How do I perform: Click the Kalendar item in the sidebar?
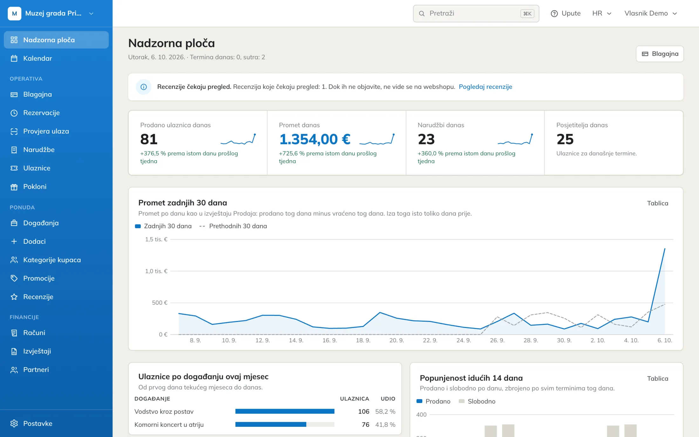pyautogui.click(x=37, y=58)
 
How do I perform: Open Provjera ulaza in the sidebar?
pyautogui.click(x=46, y=131)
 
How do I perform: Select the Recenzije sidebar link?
pyautogui.click(x=38, y=297)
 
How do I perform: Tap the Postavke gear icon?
pyautogui.click(x=14, y=423)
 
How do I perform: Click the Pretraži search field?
pyautogui.click(x=476, y=13)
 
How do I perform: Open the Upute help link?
pyautogui.click(x=566, y=13)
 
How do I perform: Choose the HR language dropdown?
pyautogui.click(x=602, y=13)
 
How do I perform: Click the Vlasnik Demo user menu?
pyautogui.click(x=651, y=13)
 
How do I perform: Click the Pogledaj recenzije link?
pyautogui.click(x=485, y=87)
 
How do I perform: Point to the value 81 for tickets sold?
pyautogui.click(x=149, y=139)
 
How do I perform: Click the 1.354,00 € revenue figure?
pyautogui.click(x=315, y=139)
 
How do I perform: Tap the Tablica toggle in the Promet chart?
pyautogui.click(x=657, y=203)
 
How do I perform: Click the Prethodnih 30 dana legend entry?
pyautogui.click(x=233, y=226)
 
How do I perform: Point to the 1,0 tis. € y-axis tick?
pyautogui.click(x=156, y=271)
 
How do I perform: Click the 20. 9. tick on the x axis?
pyautogui.click(x=397, y=340)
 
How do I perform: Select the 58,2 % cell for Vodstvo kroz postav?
pyautogui.click(x=385, y=412)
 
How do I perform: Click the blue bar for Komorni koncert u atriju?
pyautogui.click(x=271, y=424)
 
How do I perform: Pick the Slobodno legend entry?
pyautogui.click(x=477, y=401)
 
